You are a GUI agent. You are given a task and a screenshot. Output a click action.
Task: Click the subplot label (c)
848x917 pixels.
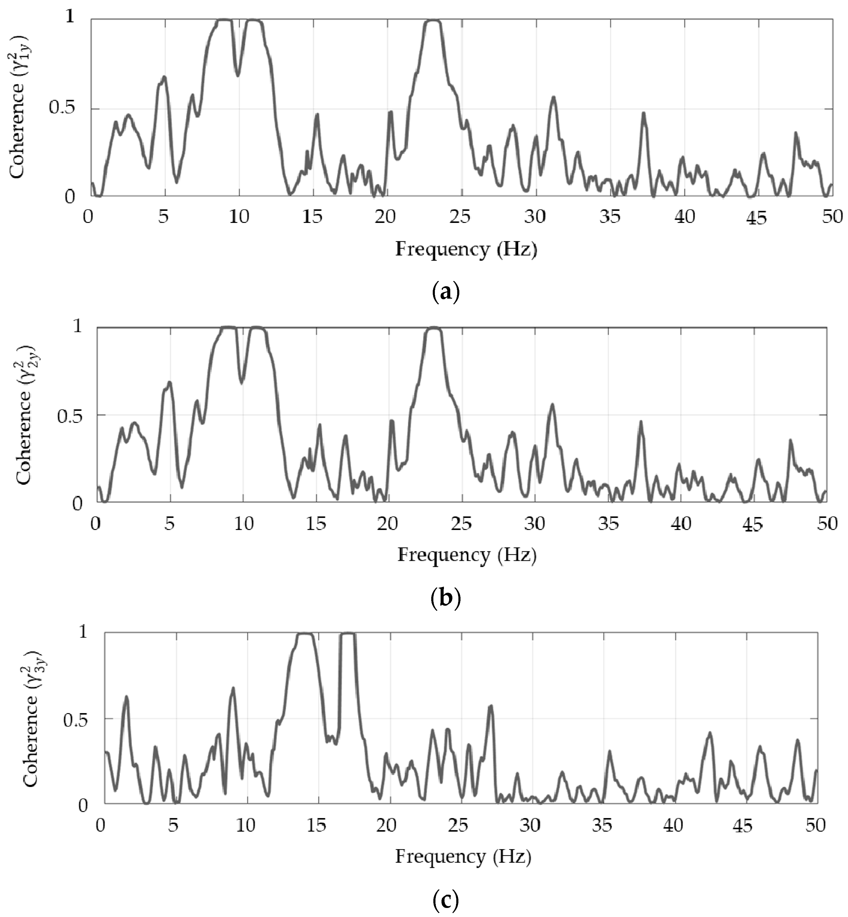tap(445, 900)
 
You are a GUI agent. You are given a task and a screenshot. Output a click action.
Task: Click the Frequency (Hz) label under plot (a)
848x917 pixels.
tap(466, 250)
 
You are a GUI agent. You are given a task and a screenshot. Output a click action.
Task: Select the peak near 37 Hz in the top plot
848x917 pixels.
tap(643, 114)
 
